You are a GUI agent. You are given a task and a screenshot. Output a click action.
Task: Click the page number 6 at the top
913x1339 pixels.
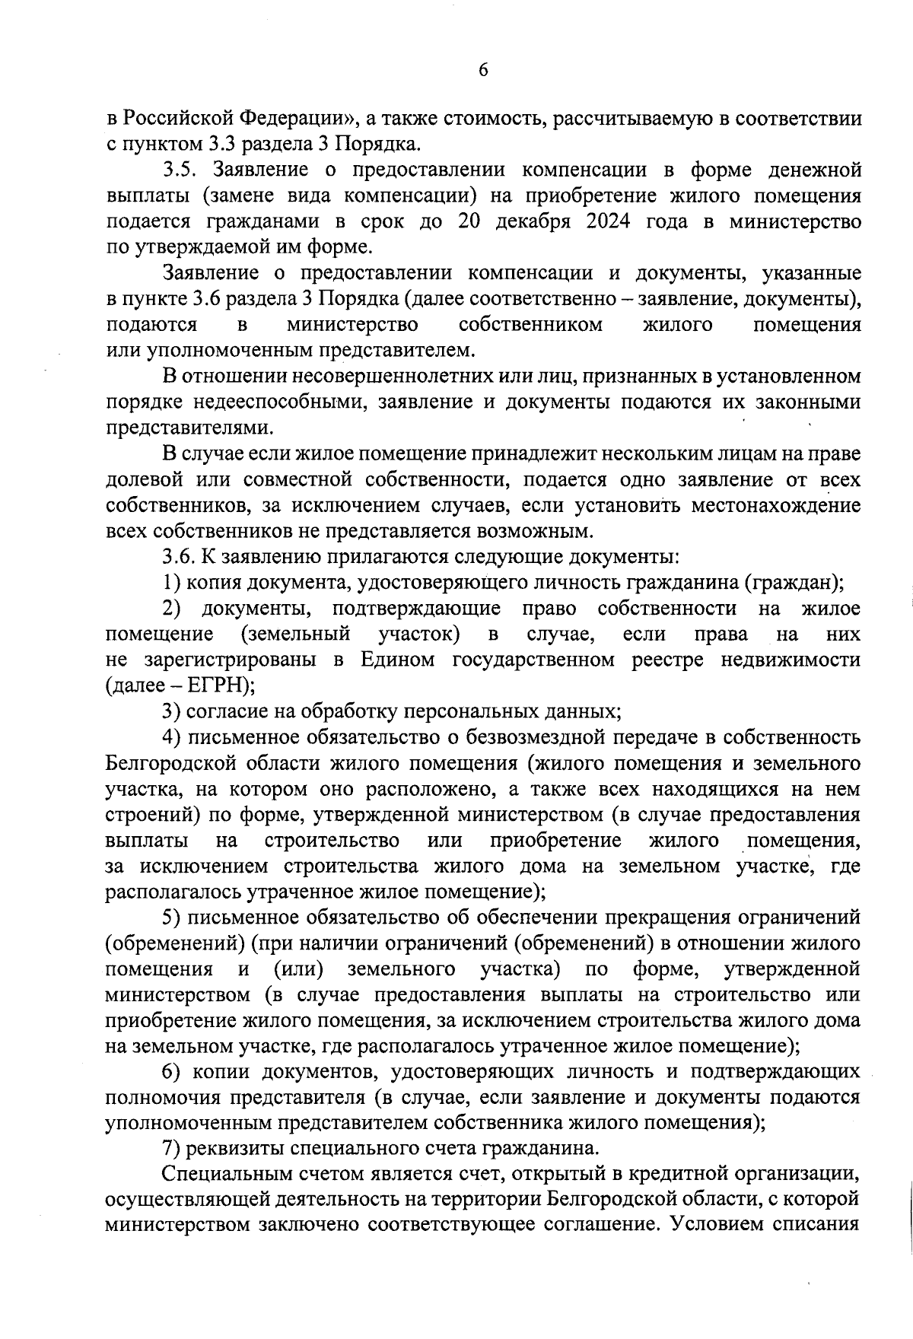pos(483,70)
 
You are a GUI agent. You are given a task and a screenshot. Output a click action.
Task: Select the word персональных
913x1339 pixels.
pos(479,711)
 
